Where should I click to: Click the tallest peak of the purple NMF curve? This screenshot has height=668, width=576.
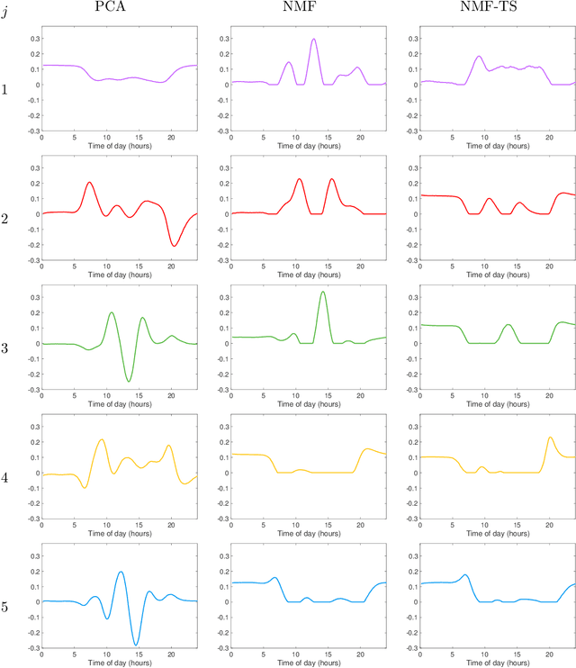[313, 40]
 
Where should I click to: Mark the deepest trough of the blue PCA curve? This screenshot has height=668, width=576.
[135, 645]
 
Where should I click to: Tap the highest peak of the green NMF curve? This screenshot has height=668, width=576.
[322, 292]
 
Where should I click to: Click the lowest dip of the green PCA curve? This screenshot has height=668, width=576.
[129, 382]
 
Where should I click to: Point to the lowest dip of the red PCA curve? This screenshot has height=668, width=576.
[175, 246]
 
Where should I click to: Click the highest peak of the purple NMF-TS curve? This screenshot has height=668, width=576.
[479, 57]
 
